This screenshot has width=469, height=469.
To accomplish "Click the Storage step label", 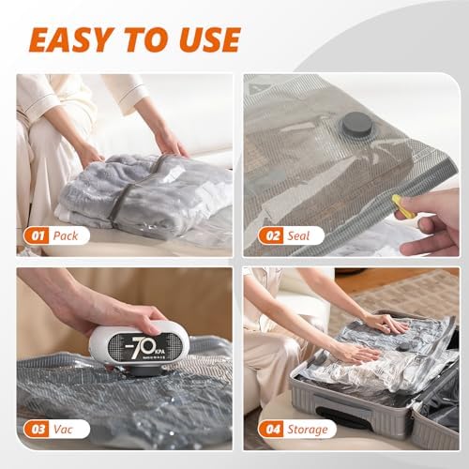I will coord(308,429).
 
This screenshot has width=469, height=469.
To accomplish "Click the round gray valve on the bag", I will coord(356,127).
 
